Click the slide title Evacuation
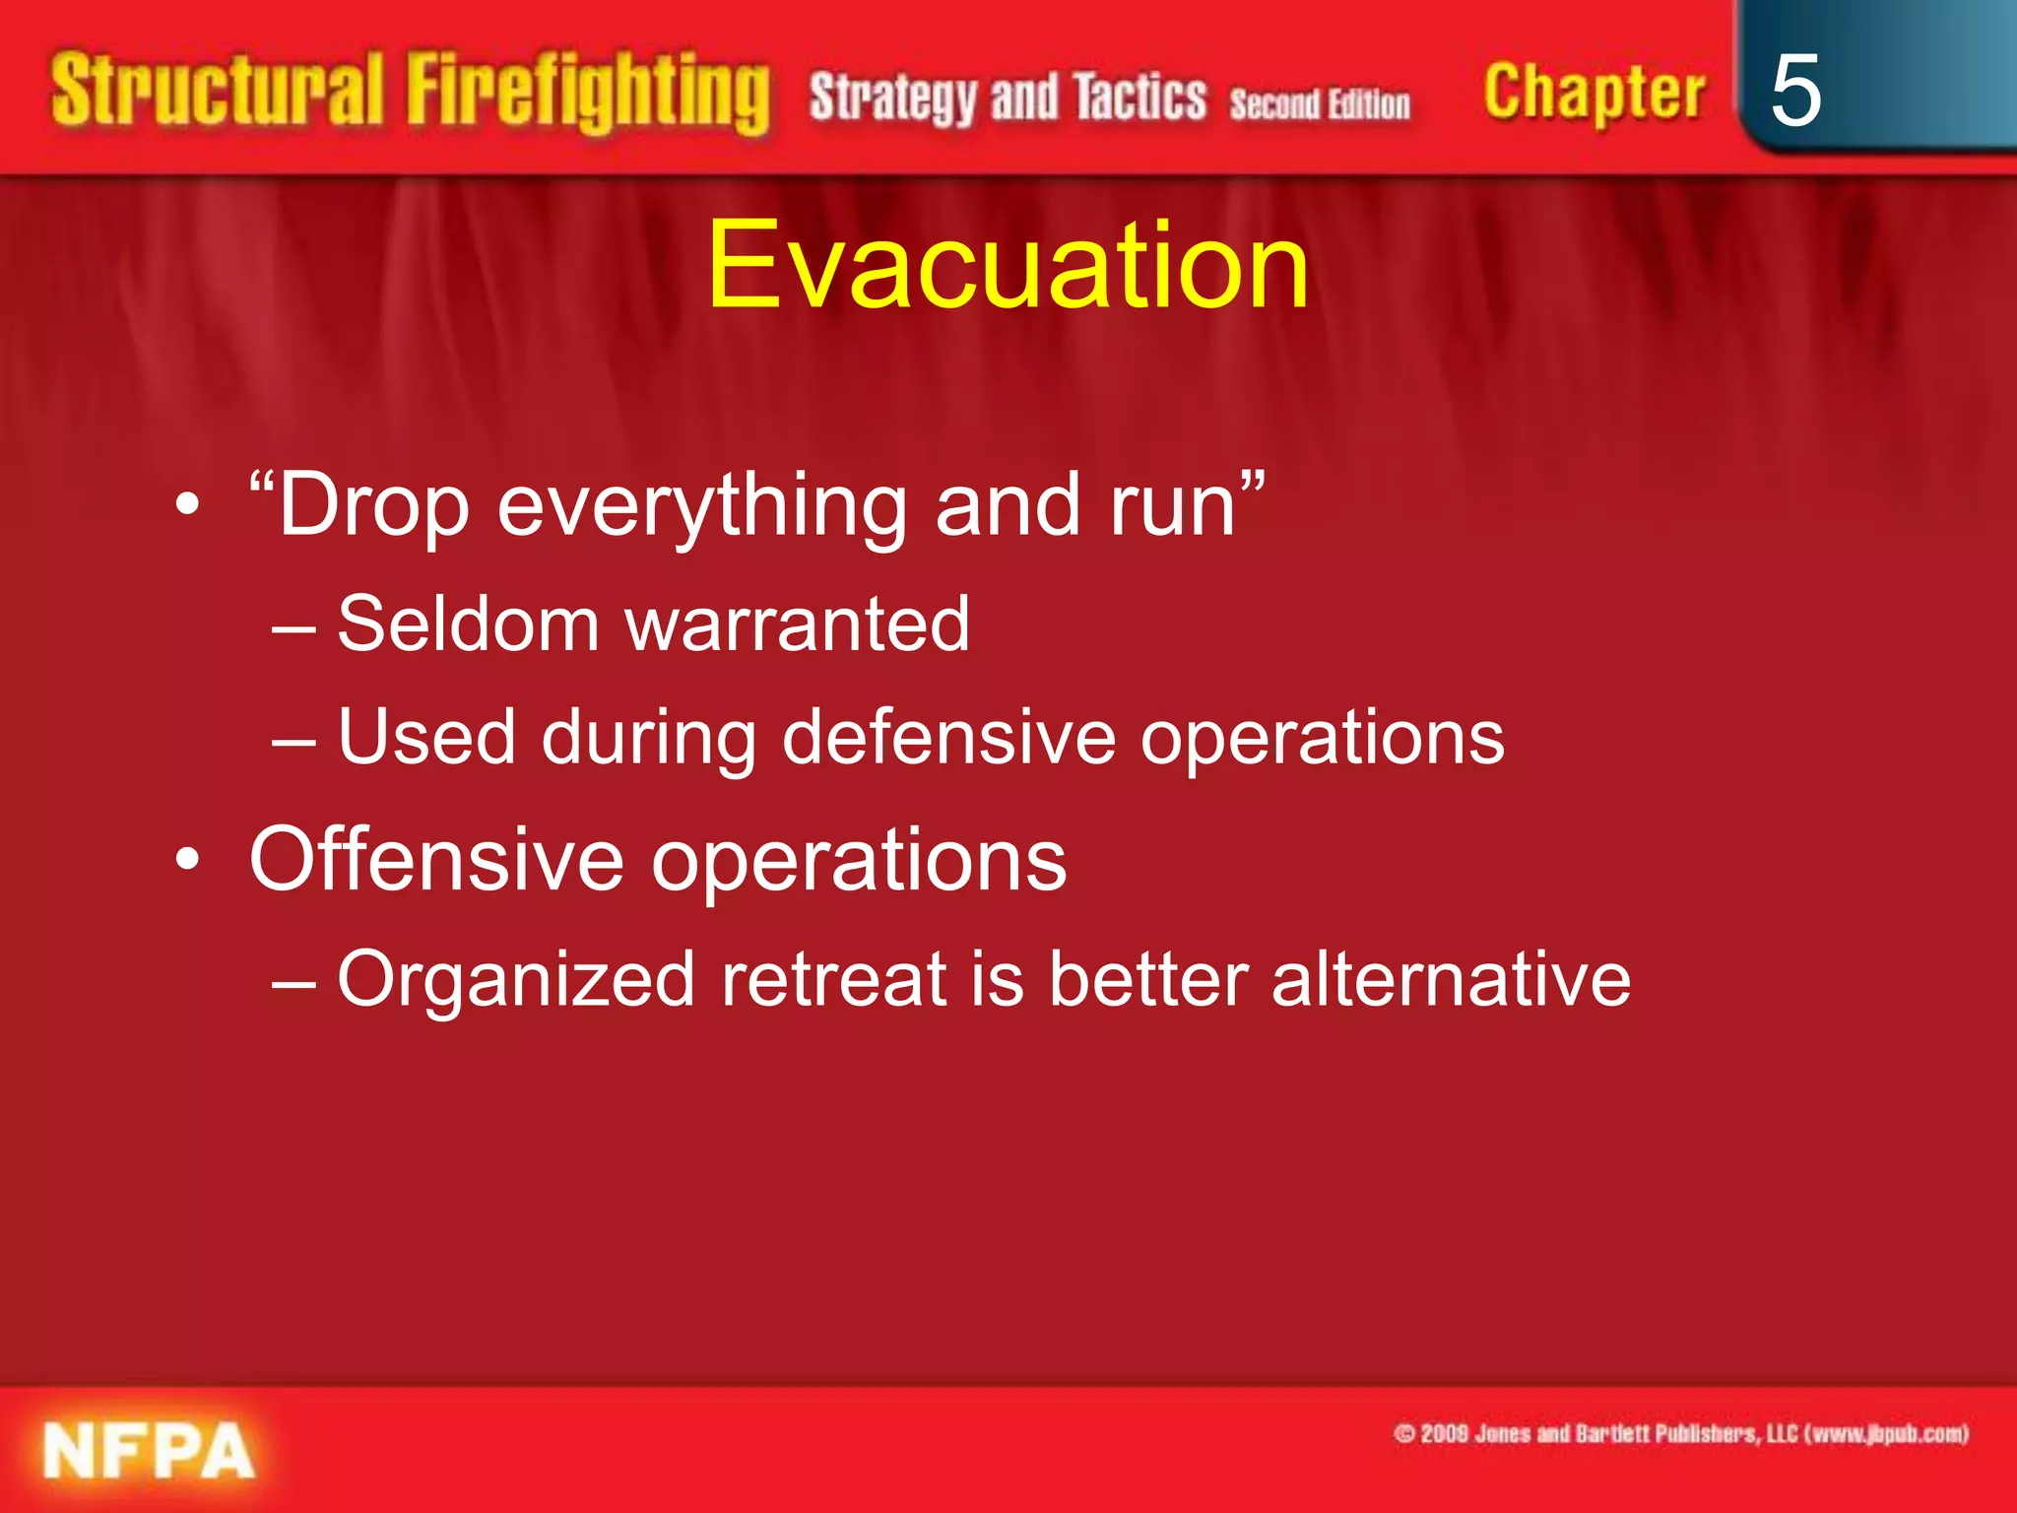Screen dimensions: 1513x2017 click(1008, 266)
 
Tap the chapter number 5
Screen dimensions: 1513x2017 click(1794, 92)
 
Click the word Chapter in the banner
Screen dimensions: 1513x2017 click(1594, 94)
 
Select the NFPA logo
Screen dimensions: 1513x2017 click(149, 1452)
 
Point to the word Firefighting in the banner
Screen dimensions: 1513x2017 click(588, 94)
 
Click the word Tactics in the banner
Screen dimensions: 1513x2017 click(1139, 98)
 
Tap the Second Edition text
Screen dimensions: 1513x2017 click(1319, 103)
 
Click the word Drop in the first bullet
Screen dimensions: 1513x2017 click(372, 506)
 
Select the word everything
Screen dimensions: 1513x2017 click(702, 506)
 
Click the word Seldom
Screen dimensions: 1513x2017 click(469, 625)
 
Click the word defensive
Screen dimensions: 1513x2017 click(948, 737)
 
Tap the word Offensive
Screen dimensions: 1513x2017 click(436, 860)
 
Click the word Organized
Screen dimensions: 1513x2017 click(516, 979)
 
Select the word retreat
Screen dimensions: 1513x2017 click(833, 979)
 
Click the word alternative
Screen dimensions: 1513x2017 click(1451, 979)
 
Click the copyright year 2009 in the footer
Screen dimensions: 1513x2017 click(1444, 1433)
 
